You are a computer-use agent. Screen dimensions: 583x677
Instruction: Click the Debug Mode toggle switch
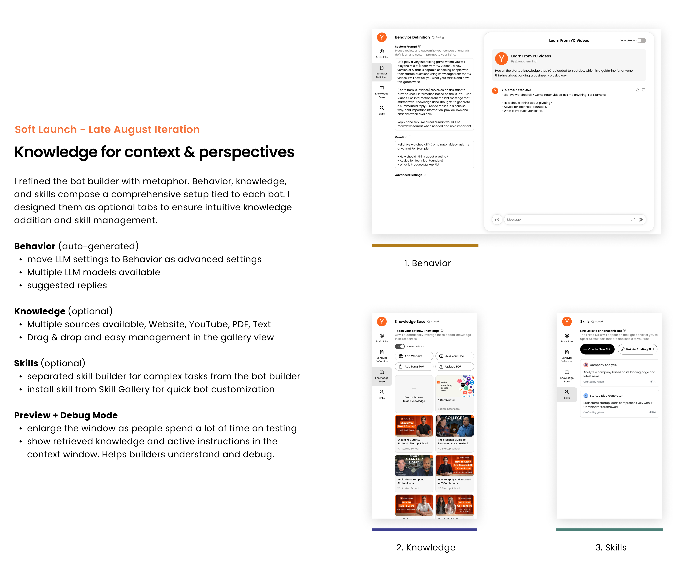tap(641, 40)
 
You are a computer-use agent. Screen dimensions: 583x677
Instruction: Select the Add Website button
tap(414, 356)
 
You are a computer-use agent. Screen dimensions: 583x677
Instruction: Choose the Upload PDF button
tap(454, 367)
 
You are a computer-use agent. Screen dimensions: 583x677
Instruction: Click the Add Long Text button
tap(414, 367)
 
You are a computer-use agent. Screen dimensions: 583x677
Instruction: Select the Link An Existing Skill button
tap(637, 349)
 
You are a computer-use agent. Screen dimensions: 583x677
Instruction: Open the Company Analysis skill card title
tap(603, 365)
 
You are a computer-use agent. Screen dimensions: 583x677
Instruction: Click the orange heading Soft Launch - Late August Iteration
tap(107, 130)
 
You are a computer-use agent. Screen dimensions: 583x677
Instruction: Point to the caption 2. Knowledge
tap(426, 547)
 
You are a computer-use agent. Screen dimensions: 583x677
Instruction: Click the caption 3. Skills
tap(611, 547)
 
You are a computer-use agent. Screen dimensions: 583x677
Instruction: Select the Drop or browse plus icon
tap(414, 389)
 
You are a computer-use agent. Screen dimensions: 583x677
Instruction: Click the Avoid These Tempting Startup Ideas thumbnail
tap(414, 466)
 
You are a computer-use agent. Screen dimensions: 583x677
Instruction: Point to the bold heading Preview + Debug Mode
tap(66, 415)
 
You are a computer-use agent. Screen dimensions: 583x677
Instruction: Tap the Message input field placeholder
tap(514, 220)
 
